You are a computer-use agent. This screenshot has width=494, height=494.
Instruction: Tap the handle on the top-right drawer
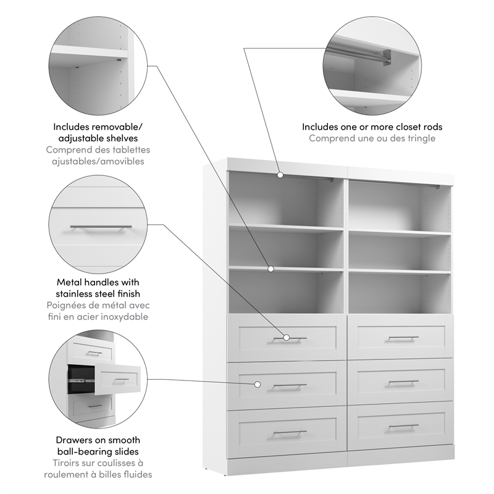(x=404, y=338)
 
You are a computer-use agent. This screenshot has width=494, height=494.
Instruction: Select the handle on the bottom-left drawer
(x=290, y=432)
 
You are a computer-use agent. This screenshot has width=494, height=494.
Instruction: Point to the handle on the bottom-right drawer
(x=404, y=426)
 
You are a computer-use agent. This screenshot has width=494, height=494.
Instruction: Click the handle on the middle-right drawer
(x=404, y=382)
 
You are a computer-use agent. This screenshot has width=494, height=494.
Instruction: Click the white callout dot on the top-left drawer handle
(x=287, y=338)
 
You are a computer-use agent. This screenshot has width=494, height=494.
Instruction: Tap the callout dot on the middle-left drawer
(x=257, y=384)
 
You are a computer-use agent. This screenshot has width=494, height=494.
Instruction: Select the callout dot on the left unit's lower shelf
(x=270, y=269)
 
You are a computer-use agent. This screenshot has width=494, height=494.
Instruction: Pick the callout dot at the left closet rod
(x=280, y=175)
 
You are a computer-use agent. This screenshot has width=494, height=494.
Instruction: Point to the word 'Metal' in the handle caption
(x=69, y=283)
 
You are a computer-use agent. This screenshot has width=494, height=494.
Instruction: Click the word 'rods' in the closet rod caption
(x=432, y=127)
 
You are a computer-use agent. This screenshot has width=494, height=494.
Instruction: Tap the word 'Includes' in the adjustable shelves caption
(x=73, y=127)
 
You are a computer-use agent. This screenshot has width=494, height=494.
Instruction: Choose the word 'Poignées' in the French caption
(x=67, y=306)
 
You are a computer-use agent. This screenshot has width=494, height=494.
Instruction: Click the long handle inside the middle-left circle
(x=101, y=227)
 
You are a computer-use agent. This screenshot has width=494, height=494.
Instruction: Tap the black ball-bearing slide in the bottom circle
(x=77, y=376)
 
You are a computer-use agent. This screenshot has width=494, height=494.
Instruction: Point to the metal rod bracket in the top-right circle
(x=386, y=57)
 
